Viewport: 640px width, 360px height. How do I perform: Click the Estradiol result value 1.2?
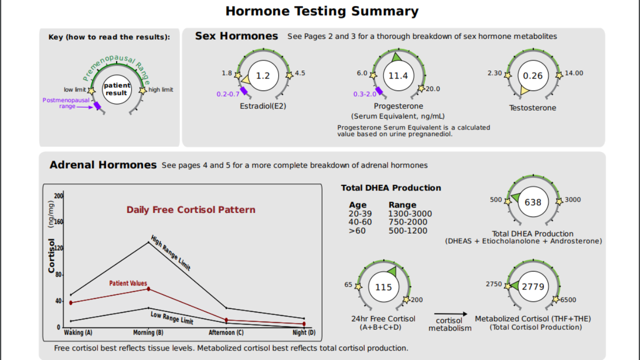coord(262,76)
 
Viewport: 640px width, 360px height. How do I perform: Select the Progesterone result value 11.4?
coord(398,76)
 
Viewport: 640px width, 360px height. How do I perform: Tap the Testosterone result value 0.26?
coord(532,76)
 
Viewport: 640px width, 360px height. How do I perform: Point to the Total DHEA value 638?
coord(532,202)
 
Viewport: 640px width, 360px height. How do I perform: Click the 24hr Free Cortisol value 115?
coord(383,287)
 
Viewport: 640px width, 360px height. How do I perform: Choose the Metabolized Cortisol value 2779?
coord(532,287)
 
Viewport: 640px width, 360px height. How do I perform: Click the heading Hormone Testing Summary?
coord(321,11)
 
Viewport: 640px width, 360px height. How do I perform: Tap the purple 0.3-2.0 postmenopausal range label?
coord(365,94)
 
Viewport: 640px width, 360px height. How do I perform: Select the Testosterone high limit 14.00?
coord(574,73)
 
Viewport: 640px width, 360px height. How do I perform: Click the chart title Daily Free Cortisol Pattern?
coord(190,210)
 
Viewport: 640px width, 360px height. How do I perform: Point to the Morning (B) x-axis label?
coord(148,332)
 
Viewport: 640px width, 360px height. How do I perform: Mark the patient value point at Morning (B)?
coord(148,289)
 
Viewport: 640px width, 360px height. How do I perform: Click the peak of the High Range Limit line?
coord(148,242)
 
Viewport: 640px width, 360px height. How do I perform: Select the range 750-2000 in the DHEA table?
coord(407,222)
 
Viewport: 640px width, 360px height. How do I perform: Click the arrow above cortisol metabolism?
coord(450,314)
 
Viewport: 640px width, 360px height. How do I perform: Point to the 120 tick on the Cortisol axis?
coord(59,248)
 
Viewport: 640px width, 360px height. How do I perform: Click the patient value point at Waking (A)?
coord(71,302)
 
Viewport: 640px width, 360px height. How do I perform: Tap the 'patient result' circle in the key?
coord(116,89)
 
